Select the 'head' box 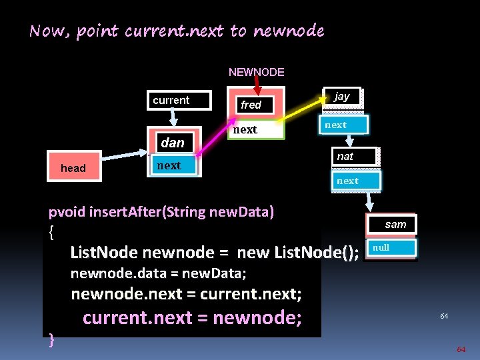click(x=73, y=168)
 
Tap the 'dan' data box click(x=173, y=143)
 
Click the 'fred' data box click(x=256, y=105)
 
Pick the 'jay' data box click(x=341, y=97)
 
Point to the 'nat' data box click(x=355, y=157)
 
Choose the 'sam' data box click(x=395, y=225)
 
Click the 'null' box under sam click(x=391, y=248)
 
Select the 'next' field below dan click(x=173, y=166)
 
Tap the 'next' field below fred click(x=256, y=130)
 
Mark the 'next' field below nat click(x=355, y=181)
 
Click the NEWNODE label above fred click(x=256, y=72)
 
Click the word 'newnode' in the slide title click(x=288, y=31)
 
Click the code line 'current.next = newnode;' click(x=192, y=318)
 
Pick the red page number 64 click(x=461, y=349)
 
